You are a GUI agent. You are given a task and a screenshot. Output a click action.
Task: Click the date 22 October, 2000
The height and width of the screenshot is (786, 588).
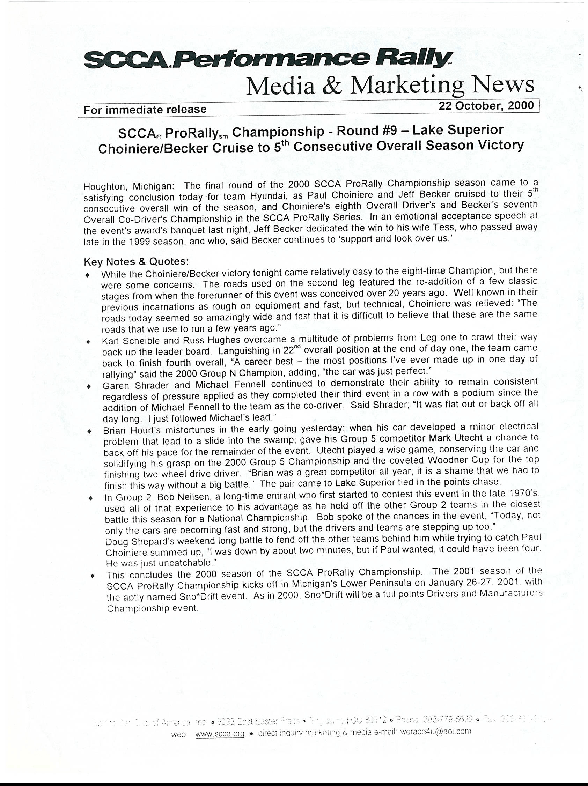486,105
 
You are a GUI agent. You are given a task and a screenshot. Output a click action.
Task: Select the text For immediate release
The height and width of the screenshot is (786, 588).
145,110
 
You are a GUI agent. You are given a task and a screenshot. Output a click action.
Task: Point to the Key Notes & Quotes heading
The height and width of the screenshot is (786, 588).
136,261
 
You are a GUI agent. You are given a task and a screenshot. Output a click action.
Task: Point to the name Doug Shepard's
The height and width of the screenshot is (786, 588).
140,542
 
